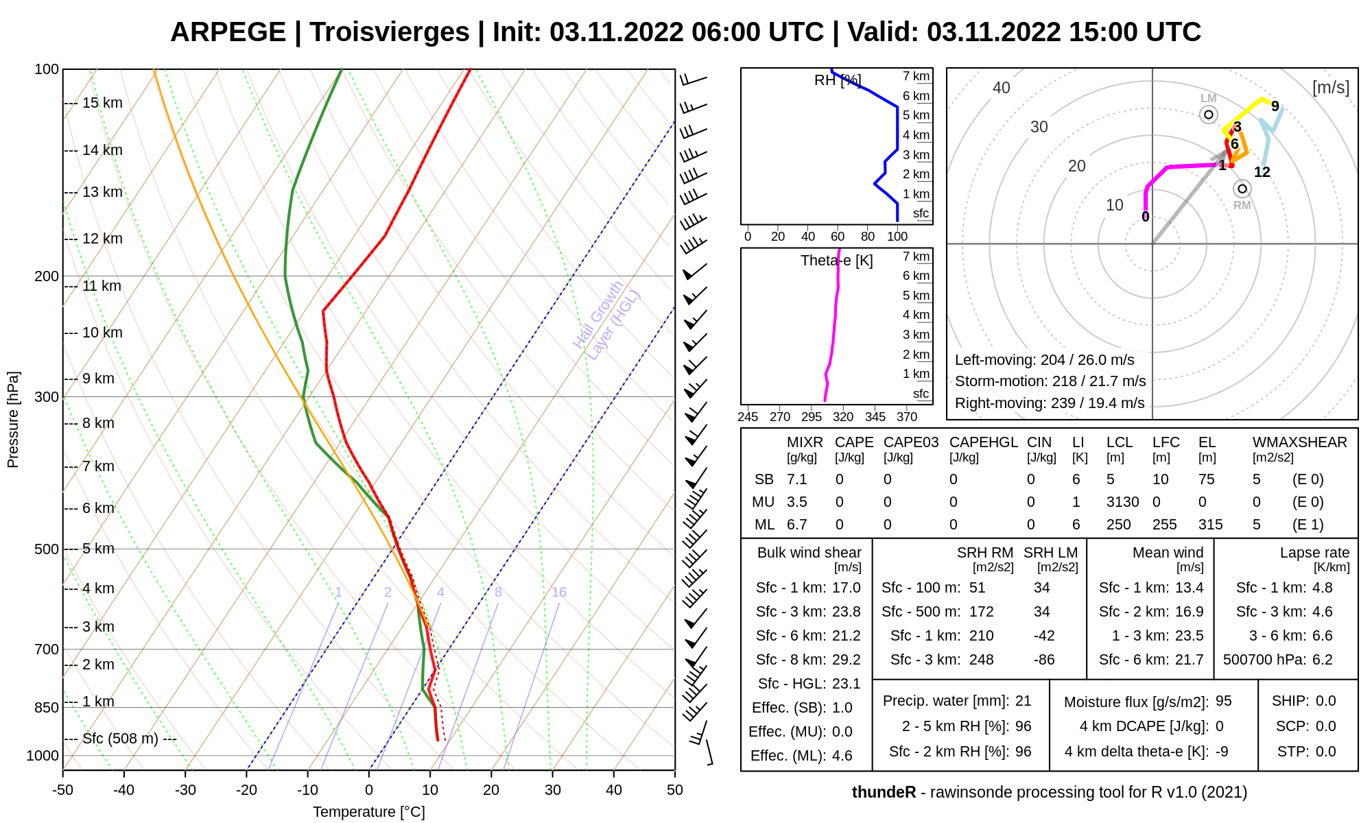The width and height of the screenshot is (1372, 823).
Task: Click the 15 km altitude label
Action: coord(102,103)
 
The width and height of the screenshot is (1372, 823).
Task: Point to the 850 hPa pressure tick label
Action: coord(47,708)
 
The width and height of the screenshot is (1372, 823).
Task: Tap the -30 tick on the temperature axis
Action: coord(185,790)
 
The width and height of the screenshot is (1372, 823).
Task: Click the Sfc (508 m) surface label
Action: coord(120,739)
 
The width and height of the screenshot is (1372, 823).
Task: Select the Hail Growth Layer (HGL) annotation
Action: coord(606,320)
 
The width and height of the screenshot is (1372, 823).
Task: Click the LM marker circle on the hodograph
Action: coord(1209,115)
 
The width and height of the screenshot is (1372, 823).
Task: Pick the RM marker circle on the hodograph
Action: coord(1242,189)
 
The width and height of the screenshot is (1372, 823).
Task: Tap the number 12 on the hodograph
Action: coord(1262,172)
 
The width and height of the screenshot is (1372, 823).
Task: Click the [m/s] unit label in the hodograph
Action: coord(1330,88)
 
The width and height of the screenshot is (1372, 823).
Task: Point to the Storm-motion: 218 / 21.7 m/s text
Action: coord(1050,381)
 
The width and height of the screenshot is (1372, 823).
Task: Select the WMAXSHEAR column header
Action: coord(1299,442)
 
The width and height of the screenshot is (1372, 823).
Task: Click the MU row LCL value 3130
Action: coord(1122,502)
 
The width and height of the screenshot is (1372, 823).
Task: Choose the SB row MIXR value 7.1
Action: coord(796,479)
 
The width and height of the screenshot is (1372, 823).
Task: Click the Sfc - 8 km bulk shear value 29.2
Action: coord(846,660)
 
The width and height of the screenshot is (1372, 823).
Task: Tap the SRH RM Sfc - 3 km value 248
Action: coord(981,660)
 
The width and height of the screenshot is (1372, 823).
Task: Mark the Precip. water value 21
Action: coord(1023,701)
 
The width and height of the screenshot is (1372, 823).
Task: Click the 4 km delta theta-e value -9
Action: coord(1222,752)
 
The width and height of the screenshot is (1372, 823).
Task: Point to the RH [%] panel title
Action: coord(837,80)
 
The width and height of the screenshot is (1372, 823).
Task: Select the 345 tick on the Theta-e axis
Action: coord(875,416)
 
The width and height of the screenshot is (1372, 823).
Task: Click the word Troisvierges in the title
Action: coord(389,32)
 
